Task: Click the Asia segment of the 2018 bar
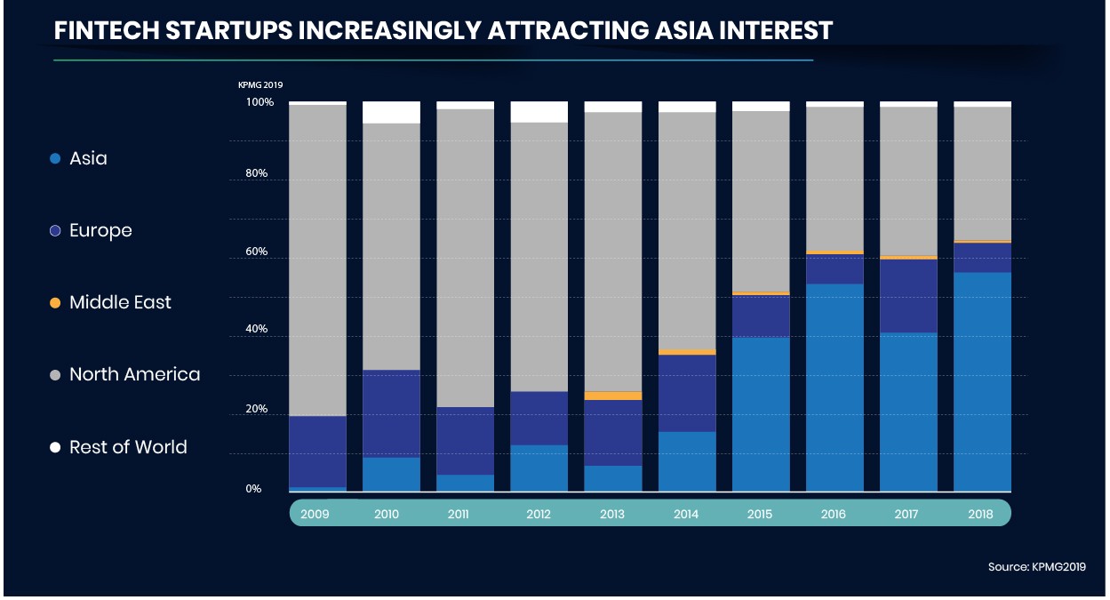(982, 381)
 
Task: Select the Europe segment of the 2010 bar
(391, 413)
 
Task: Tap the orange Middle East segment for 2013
(612, 396)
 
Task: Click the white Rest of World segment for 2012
(539, 111)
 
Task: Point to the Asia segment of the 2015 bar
(761, 413)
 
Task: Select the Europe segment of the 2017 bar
(908, 296)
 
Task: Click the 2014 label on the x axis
(686, 514)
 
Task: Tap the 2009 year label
(315, 514)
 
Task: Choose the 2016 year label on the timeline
(834, 514)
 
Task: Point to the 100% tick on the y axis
(260, 103)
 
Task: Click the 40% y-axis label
(257, 330)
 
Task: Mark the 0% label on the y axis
(253, 489)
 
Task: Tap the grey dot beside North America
(55, 375)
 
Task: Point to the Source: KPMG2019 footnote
(1036, 566)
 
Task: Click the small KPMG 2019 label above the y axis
(260, 85)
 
